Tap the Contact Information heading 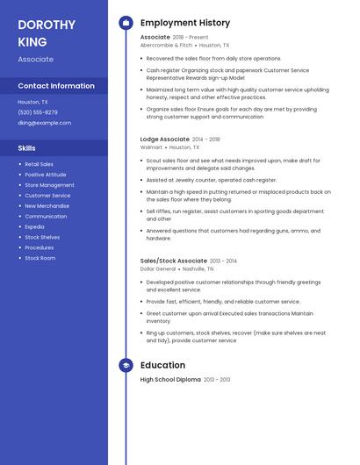[x=56, y=86]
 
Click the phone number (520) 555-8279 [x=38, y=112]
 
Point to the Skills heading [x=27, y=148]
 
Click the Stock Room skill [x=40, y=258]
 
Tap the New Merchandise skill [x=47, y=205]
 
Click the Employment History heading [x=185, y=23]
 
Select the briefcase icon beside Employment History [x=126, y=23]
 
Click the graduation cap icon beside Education [x=126, y=365]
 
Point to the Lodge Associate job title [x=164, y=139]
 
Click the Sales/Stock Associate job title [x=174, y=261]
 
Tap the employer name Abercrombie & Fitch [x=166, y=45]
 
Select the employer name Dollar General [x=159, y=268]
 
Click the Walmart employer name [x=152, y=147]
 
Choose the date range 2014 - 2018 [x=206, y=139]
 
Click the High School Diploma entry [x=170, y=379]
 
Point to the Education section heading [x=162, y=365]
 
